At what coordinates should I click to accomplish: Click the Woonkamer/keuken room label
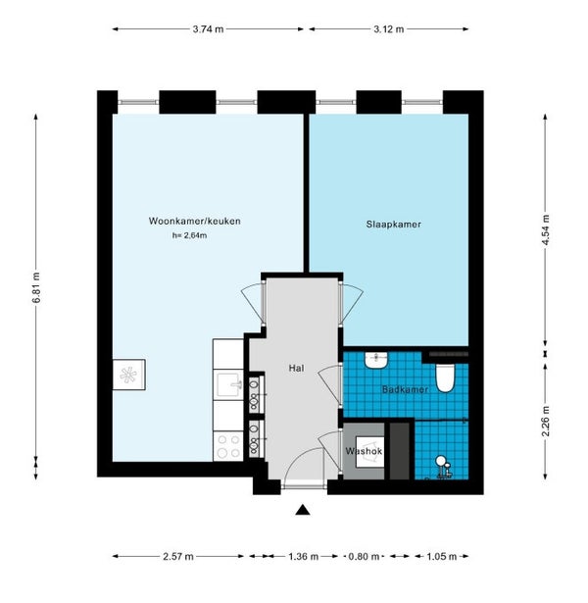tap(194, 222)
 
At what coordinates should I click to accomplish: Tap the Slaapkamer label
tap(394, 225)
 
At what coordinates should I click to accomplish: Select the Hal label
tap(296, 368)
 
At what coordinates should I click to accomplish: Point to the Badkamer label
tap(405, 389)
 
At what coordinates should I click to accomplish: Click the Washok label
tap(364, 451)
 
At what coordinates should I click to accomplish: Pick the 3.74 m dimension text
tap(208, 29)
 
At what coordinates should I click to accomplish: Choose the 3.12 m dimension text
tap(388, 29)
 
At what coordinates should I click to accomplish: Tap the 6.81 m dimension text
tap(36, 287)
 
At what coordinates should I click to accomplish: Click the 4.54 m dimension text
tap(545, 232)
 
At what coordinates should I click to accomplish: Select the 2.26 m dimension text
tap(545, 421)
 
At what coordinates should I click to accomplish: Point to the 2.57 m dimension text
tap(178, 557)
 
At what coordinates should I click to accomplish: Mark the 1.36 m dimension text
tap(303, 557)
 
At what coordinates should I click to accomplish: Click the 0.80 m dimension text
tap(364, 557)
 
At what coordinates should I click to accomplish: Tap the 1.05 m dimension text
tap(442, 557)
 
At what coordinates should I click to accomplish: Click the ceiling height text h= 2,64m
tap(189, 235)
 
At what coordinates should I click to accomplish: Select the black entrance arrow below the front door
tap(303, 510)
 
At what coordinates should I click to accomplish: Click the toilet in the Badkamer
tap(445, 378)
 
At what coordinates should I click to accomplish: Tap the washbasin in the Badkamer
tap(376, 361)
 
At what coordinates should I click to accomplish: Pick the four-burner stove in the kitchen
tap(228, 446)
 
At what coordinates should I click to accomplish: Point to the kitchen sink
tap(228, 385)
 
